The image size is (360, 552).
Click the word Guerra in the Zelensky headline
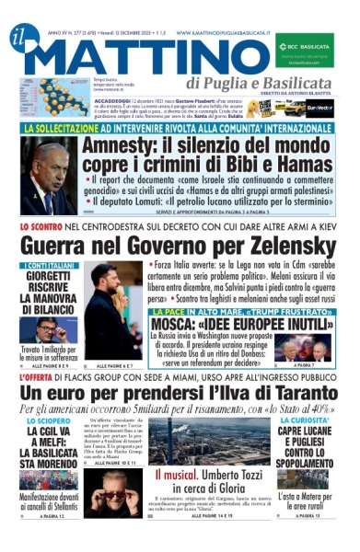pos(65,246)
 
